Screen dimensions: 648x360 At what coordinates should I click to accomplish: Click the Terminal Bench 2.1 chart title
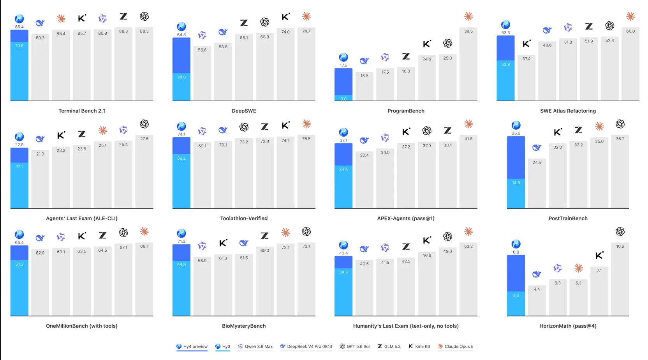coord(82,111)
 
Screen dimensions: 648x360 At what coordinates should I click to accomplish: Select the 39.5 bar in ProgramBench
coord(468,64)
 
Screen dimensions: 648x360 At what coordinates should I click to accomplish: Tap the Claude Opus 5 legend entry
coord(456,346)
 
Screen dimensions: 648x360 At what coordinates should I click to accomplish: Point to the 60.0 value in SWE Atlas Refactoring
coord(630,31)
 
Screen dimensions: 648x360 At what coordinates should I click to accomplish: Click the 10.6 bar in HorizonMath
coord(620,279)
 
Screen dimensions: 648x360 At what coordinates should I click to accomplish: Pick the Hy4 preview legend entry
coord(192,346)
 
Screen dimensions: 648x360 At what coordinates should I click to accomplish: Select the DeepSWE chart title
coord(244,111)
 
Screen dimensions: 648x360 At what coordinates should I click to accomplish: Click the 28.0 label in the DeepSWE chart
coord(181,77)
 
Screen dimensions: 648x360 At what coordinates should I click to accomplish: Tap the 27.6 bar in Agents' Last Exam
coord(144,171)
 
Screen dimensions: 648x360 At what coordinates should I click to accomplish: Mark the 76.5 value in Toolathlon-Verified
coord(306,139)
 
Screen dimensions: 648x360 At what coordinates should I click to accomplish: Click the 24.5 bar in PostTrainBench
coord(537,183)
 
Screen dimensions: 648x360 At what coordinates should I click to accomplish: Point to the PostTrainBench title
coord(568,219)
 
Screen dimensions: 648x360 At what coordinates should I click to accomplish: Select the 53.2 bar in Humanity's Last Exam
coord(468,279)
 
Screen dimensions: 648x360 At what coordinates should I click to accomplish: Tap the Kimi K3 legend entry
coord(419,346)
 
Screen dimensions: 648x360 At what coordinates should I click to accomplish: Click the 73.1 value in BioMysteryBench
coord(306,246)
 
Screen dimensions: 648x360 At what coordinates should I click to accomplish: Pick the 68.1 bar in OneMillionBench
coord(144,279)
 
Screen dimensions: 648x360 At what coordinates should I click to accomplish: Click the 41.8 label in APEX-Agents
coord(468,139)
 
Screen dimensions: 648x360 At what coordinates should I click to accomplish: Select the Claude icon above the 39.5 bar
coord(468,16)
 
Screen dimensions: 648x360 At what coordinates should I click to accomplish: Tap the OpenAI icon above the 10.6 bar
coord(620,231)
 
